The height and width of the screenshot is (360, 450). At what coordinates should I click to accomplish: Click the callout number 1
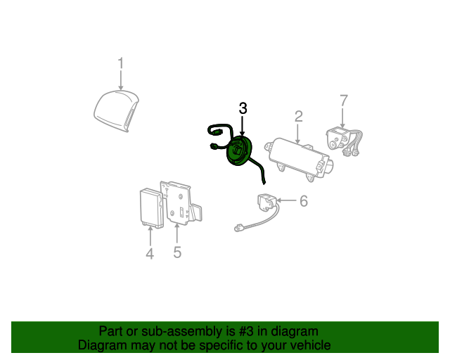120,64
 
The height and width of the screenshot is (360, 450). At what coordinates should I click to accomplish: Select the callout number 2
299,116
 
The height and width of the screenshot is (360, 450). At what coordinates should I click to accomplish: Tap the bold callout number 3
243,108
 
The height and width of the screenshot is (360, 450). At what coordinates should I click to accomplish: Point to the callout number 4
150,253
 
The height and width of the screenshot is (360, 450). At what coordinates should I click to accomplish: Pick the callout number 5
177,252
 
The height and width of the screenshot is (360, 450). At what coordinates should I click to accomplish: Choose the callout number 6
304,202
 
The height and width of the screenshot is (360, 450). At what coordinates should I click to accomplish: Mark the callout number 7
344,101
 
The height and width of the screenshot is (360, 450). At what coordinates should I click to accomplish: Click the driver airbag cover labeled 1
116,110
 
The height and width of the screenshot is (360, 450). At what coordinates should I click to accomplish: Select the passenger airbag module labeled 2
296,154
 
